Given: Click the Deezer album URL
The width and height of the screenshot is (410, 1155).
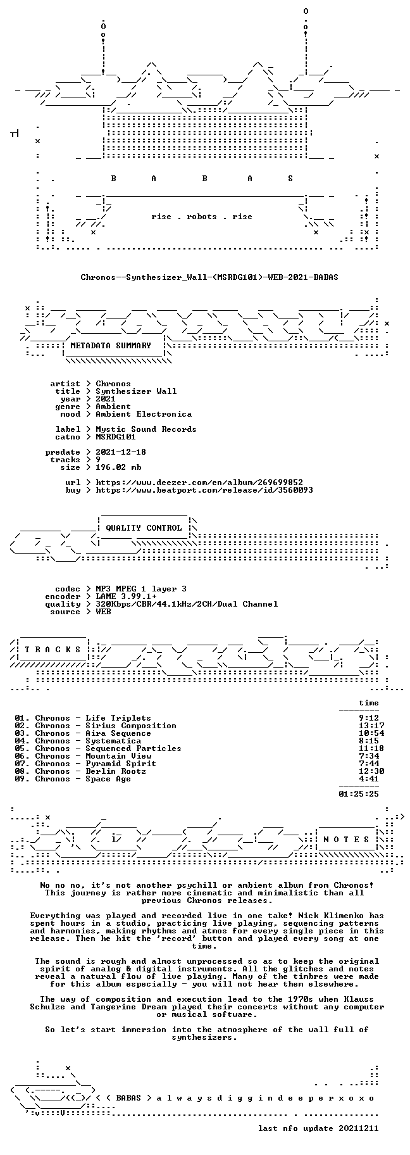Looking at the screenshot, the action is (x=199, y=483).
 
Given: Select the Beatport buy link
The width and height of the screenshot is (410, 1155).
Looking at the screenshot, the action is (x=204, y=490).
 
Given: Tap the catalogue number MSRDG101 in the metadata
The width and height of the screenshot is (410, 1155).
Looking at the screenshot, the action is (x=116, y=437).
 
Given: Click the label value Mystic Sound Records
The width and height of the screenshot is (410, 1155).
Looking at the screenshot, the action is (x=146, y=429).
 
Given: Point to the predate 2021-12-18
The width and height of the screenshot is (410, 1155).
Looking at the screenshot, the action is (x=121, y=452).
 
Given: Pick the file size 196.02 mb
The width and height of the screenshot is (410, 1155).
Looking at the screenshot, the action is (x=118, y=467).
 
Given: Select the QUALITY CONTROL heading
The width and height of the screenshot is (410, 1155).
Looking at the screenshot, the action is (x=144, y=528).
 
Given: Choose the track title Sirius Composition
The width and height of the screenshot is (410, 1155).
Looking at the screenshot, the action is (x=131, y=726).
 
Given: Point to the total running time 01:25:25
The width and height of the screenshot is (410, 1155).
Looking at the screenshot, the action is (x=359, y=793).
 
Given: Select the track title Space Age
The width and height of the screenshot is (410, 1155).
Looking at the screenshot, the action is (x=108, y=779).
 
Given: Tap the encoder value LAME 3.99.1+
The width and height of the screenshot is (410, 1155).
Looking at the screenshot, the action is (x=126, y=596).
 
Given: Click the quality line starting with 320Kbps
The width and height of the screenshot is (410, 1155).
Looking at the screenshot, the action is (x=187, y=604).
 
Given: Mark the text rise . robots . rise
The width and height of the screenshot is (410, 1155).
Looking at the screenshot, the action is (x=202, y=217).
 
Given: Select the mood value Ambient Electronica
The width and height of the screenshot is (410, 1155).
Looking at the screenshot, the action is (x=144, y=414).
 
